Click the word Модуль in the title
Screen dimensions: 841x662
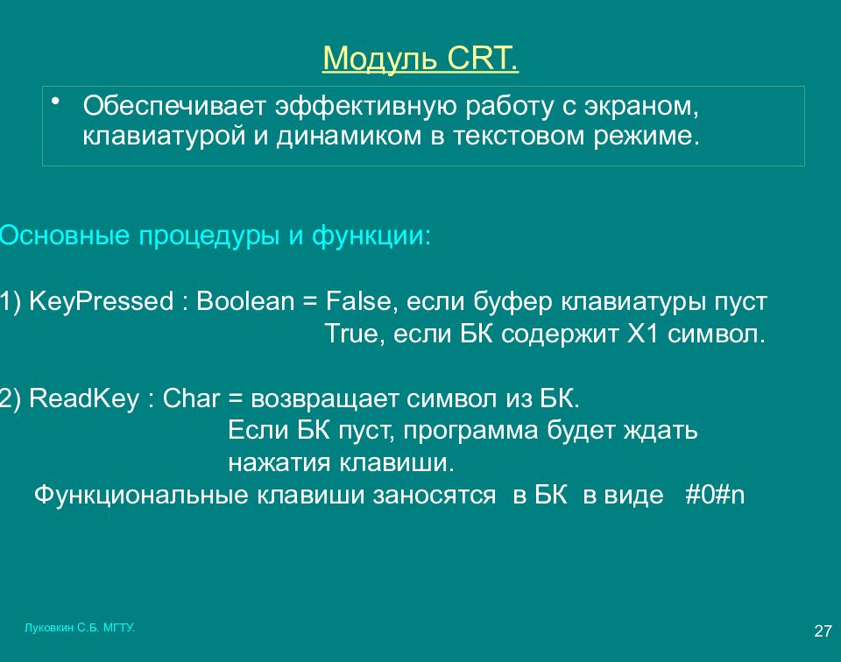click(379, 59)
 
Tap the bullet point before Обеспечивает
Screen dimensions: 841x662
click(54, 100)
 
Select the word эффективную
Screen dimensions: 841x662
click(366, 106)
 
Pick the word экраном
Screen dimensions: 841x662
click(641, 107)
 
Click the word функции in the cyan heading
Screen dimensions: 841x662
click(371, 236)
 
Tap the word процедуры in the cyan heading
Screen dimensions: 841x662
click(209, 236)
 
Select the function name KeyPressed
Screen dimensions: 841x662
click(102, 301)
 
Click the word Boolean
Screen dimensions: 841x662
click(245, 300)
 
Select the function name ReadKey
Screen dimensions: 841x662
click(84, 398)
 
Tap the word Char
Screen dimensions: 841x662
click(191, 398)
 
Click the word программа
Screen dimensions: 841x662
click(470, 431)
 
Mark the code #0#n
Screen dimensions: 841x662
click(715, 495)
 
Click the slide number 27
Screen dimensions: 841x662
click(823, 630)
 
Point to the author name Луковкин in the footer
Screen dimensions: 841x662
click(49, 628)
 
